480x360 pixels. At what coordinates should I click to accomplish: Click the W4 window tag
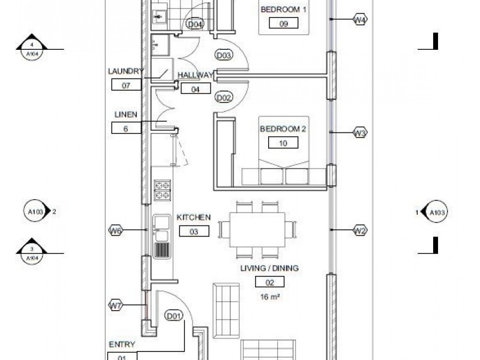tap(359, 20)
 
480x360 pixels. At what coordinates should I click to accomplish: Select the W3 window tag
tap(359, 133)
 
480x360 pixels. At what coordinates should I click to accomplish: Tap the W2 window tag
tap(359, 230)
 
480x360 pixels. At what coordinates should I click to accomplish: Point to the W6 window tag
tap(115, 230)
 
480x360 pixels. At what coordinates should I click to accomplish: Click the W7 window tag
tap(115, 305)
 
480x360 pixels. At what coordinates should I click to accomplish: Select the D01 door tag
tap(174, 316)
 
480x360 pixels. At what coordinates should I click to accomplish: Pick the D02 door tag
tap(224, 98)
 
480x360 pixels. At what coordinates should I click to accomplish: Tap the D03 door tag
tap(224, 55)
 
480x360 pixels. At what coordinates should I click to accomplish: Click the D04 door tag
tap(195, 25)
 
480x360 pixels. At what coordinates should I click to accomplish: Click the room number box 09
tap(284, 24)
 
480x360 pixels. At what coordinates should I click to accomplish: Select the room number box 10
tap(284, 143)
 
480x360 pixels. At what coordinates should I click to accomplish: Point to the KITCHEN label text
tap(193, 217)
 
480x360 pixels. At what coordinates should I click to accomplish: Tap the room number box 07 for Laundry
tap(126, 85)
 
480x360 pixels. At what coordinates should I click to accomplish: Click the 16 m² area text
tap(271, 296)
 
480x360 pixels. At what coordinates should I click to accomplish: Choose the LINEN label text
tap(126, 115)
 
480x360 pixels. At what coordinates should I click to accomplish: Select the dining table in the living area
tap(257, 230)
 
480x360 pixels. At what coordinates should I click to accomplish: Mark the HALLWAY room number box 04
tap(196, 89)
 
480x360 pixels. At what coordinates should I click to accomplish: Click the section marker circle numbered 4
tap(32, 47)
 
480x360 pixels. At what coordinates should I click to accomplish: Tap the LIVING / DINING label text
tap(269, 268)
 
